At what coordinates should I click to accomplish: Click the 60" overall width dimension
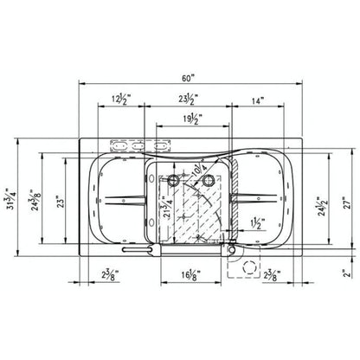pos(180,75)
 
